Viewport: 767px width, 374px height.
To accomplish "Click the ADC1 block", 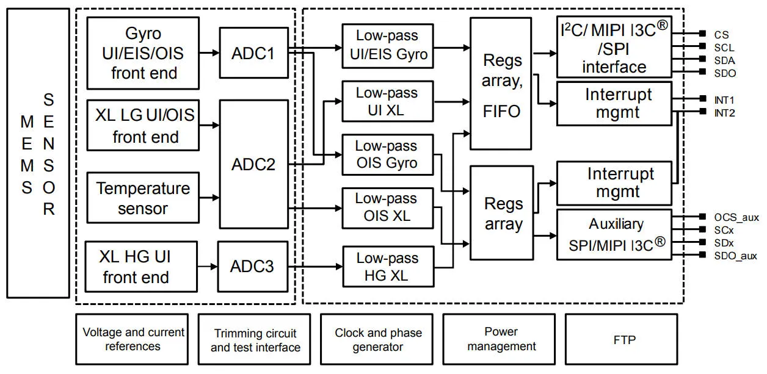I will tap(253, 52).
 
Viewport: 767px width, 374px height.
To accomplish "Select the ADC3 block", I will tap(252, 266).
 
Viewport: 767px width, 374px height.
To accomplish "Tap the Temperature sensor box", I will tap(143, 198).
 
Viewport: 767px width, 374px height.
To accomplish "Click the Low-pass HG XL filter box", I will tap(387, 266).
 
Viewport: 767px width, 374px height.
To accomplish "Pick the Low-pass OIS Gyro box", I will tap(387, 154).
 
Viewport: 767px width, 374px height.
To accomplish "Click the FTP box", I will tap(621, 339).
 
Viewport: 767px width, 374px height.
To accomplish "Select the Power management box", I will tap(501, 339).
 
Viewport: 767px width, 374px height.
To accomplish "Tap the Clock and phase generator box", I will tap(377, 339).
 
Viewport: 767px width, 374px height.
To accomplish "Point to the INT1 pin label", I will tap(724, 99).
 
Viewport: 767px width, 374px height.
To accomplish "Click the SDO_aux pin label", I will tap(735, 256).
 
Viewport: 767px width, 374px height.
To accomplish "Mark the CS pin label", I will tap(721, 35).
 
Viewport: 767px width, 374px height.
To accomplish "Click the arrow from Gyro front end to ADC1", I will tap(209, 52).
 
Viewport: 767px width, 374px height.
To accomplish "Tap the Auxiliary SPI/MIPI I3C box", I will tap(614, 234).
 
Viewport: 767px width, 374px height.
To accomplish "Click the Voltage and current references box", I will tap(133, 339).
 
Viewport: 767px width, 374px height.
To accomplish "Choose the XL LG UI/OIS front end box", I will tap(143, 125).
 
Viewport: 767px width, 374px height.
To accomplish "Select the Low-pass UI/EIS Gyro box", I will tap(387, 46).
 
